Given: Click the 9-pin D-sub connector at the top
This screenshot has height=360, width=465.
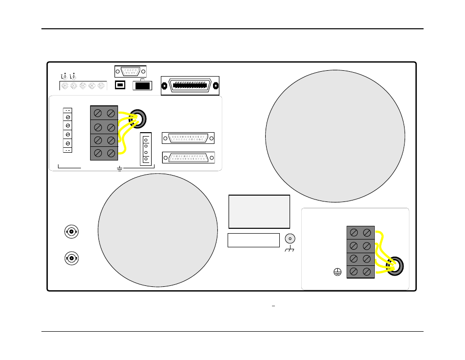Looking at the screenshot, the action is [x=130, y=71].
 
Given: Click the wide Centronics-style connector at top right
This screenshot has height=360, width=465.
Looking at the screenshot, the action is [x=190, y=86].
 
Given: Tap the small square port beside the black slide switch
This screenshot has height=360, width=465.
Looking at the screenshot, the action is [x=120, y=85].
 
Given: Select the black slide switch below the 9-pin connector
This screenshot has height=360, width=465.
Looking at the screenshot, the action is [x=142, y=86].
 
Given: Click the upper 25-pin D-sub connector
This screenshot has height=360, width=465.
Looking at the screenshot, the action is [x=188, y=138].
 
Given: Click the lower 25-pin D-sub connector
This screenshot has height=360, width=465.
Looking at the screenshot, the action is [x=188, y=158].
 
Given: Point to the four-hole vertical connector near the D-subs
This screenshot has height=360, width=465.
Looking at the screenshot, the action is [x=146, y=149].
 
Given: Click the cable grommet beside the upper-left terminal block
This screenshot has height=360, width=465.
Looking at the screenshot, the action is [x=138, y=118].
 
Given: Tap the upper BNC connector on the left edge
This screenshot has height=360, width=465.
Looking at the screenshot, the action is [x=72, y=232].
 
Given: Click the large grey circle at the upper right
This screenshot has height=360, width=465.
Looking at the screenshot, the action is [x=335, y=136].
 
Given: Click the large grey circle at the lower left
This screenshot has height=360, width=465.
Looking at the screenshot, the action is [x=157, y=230].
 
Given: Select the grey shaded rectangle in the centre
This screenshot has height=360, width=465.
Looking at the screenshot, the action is [x=259, y=212].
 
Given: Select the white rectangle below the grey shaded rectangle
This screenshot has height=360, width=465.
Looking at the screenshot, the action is [x=253, y=240].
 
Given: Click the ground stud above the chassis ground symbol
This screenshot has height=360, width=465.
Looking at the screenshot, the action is [x=290, y=239].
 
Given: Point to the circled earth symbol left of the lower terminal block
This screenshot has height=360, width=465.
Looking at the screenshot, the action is [x=337, y=272].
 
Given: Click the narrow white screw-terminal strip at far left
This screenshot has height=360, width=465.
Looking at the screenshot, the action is [x=68, y=130].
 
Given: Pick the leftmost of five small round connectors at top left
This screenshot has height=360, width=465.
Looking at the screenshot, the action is [x=64, y=86].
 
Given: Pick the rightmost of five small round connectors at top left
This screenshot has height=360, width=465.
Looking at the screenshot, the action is [x=101, y=86].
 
